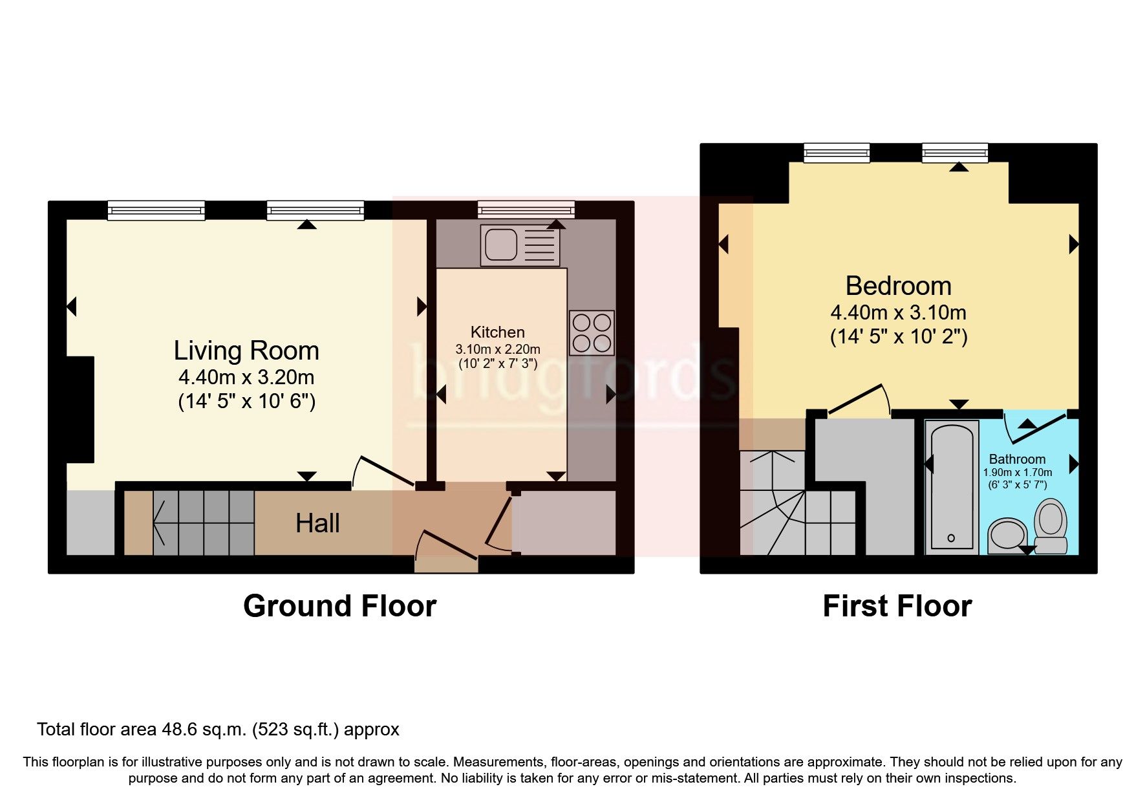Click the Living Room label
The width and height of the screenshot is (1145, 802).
click(x=246, y=351)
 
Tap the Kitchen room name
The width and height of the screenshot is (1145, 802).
click(x=497, y=332)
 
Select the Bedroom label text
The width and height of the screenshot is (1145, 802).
click(x=898, y=286)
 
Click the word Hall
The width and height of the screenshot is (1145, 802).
click(x=317, y=523)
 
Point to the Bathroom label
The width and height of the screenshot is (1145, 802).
click(x=1017, y=459)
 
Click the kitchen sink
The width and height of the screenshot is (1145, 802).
click(x=520, y=244)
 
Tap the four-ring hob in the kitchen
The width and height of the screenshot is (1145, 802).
click(x=592, y=332)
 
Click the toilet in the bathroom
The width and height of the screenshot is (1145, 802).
click(x=1051, y=525)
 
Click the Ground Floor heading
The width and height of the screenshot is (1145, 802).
click(x=340, y=606)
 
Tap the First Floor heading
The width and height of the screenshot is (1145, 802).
click(x=897, y=606)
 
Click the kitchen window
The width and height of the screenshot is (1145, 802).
click(x=526, y=210)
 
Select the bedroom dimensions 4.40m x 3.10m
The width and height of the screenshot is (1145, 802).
click(x=898, y=312)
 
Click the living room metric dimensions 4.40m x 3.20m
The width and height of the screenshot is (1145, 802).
click(x=246, y=377)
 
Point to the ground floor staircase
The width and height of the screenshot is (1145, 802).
click(x=204, y=523)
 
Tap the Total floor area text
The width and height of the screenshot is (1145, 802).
click(x=219, y=730)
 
